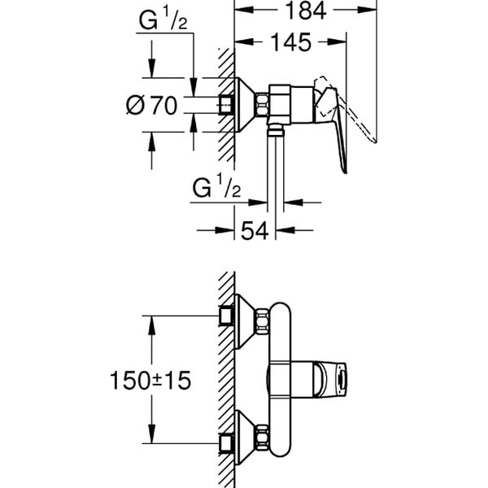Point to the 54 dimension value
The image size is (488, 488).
pyautogui.click(x=256, y=231)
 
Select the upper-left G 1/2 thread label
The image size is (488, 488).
pyautogui.click(x=161, y=22)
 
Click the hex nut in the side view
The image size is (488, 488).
pyautogui.click(x=264, y=104)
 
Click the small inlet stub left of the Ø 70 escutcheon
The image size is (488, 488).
pyautogui.click(x=228, y=105)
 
